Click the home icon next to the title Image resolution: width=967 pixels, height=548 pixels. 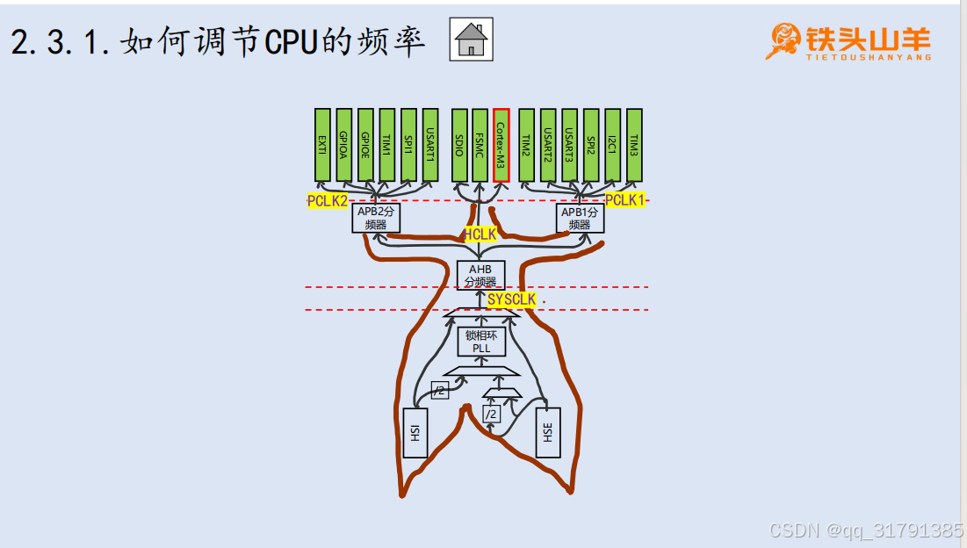pos(471,40)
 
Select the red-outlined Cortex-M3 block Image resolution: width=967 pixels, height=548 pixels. pos(501,145)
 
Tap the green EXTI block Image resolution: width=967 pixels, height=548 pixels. pos(322,145)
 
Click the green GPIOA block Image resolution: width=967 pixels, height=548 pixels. pos(344,145)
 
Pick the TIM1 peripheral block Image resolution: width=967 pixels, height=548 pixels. pos(386,145)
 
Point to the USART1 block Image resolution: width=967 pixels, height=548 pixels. pos(429,145)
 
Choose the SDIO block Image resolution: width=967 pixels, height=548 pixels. pos(459,145)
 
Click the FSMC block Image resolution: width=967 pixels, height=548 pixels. pos(480,145)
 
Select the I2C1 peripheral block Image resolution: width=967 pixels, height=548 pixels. pos(613,145)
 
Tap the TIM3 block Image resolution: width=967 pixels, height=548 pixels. pos(634,145)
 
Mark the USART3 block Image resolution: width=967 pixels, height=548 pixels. pos(570,145)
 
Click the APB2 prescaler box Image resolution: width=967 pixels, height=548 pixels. pos(376,218)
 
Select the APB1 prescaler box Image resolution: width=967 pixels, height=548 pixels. pos(580,218)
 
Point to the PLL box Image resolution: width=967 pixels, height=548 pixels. pos(480,341)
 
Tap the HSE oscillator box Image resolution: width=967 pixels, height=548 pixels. pos(548,432)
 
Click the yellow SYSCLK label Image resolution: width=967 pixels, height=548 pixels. pos(512,299)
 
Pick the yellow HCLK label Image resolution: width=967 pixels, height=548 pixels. pos(480,234)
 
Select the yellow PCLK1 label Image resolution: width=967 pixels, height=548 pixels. pos(625,200)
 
